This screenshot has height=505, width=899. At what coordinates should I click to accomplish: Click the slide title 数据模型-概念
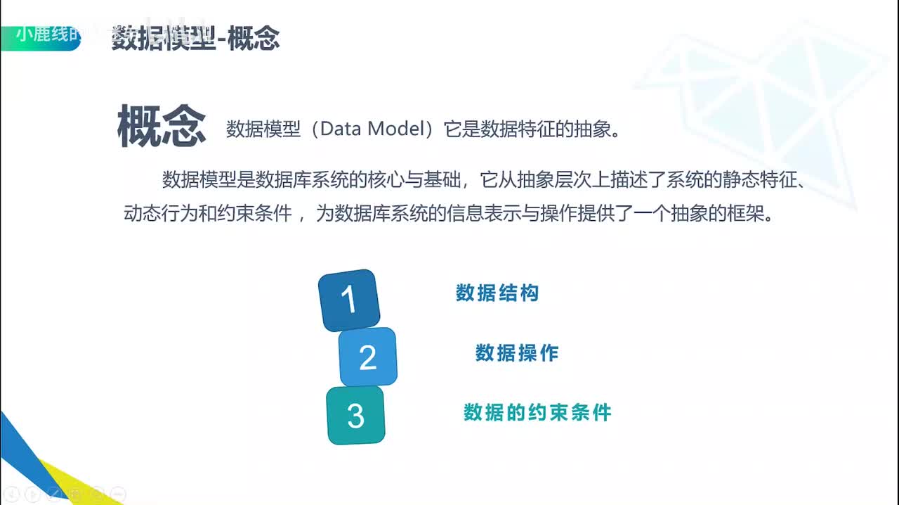click(195, 39)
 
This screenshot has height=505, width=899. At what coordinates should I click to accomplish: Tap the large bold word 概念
click(162, 127)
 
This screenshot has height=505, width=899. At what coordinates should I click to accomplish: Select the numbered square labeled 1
click(349, 300)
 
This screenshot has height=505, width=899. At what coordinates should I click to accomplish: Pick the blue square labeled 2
click(368, 357)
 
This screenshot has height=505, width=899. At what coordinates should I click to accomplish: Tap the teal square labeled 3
click(356, 416)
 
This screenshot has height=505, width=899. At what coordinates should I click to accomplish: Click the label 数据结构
click(497, 293)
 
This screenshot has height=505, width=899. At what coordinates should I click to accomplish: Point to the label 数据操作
click(517, 353)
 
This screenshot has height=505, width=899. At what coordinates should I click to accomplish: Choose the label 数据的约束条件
click(537, 412)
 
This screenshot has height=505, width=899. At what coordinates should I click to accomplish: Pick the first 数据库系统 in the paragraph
click(302, 179)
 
